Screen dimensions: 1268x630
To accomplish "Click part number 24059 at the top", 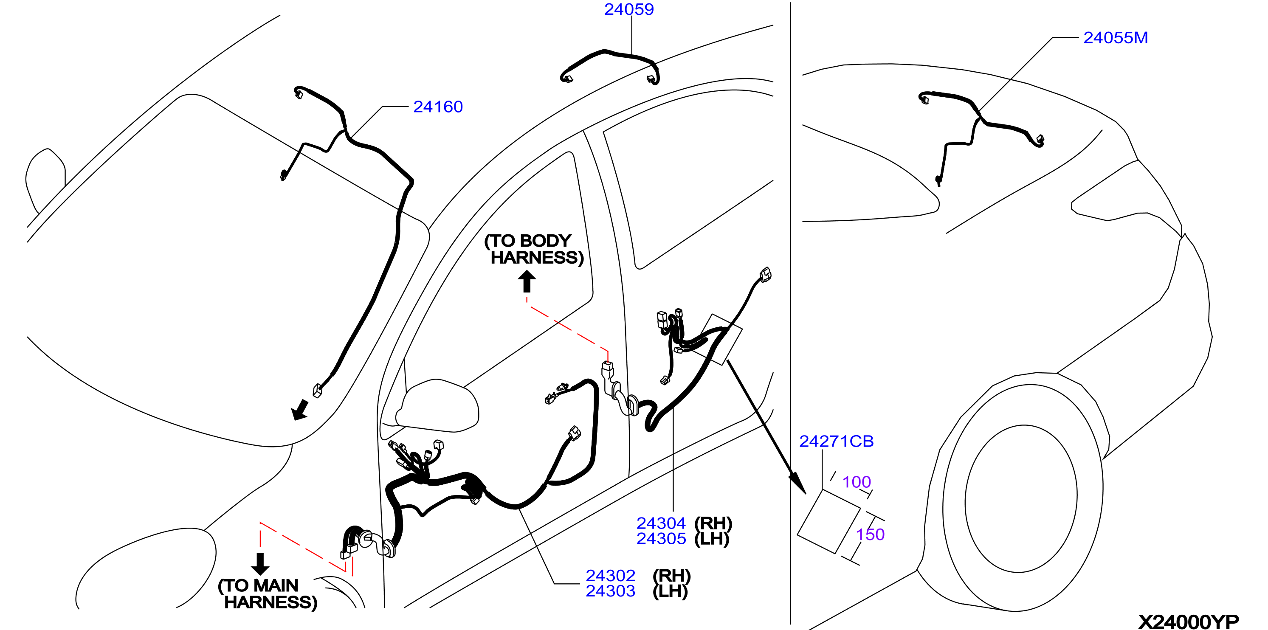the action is point(628,9).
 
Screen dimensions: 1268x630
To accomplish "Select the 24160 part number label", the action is point(437,107).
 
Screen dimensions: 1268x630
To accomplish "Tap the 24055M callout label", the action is point(1116,38).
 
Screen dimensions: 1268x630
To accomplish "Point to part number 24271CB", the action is point(836,441).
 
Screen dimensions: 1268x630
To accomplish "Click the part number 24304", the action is point(661,523).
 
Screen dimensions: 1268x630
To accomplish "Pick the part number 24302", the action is point(610,575).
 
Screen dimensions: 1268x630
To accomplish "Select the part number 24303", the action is point(610,591).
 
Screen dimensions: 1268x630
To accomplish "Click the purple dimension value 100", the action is point(857,482).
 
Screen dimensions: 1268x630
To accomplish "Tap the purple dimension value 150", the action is point(870,534).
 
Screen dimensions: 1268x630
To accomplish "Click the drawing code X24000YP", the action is point(1188,622).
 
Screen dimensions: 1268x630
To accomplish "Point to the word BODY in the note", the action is point(546,241).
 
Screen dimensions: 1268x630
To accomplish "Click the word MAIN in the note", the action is point(275,585).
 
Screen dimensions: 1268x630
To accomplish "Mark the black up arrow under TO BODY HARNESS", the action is point(527,281).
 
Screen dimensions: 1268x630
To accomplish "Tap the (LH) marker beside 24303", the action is point(670,591).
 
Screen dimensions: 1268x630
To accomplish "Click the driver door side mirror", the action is point(437,406).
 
